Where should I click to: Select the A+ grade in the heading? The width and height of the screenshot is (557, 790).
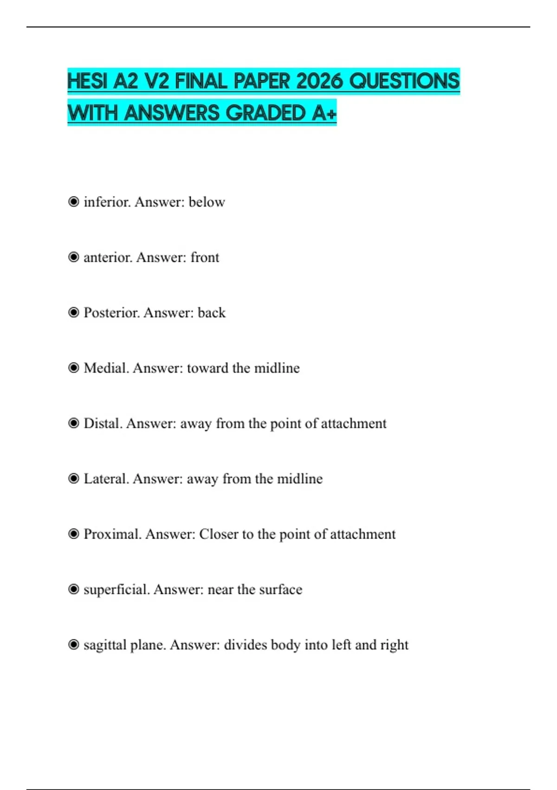324,113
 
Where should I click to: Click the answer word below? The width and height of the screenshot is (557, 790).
207,202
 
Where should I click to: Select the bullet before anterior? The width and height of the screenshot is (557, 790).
73,257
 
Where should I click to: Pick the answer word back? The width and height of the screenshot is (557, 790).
212,313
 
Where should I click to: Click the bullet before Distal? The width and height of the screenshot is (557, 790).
73,423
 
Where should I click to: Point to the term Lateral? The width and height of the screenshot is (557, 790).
106,479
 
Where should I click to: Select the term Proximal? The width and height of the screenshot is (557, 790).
112,534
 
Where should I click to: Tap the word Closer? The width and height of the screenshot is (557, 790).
219,534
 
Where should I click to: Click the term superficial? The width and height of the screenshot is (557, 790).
117,590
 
